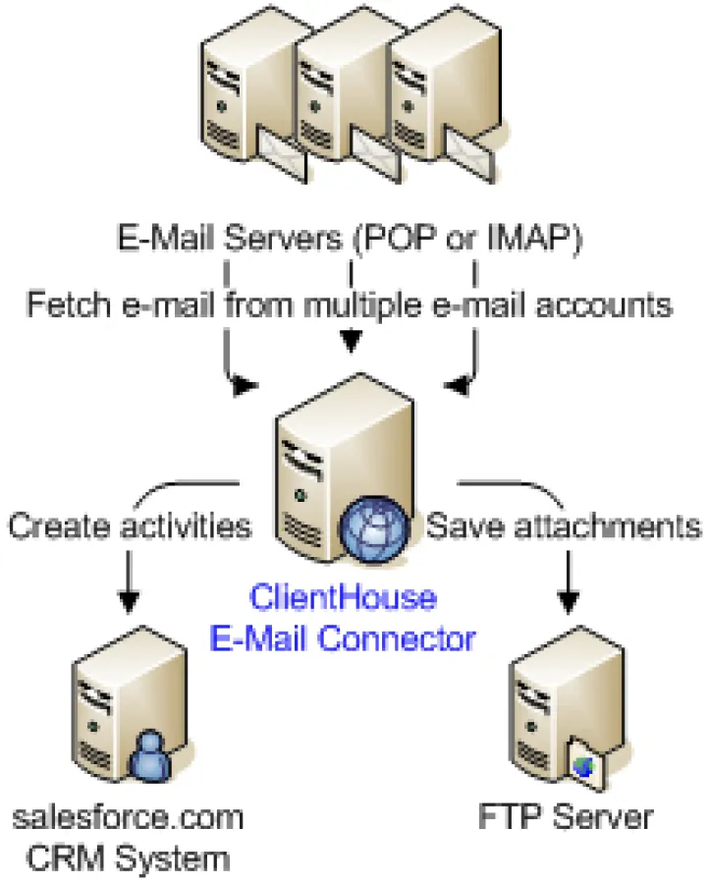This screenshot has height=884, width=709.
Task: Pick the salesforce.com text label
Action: click(128, 817)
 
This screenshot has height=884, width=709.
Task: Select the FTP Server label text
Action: click(566, 817)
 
